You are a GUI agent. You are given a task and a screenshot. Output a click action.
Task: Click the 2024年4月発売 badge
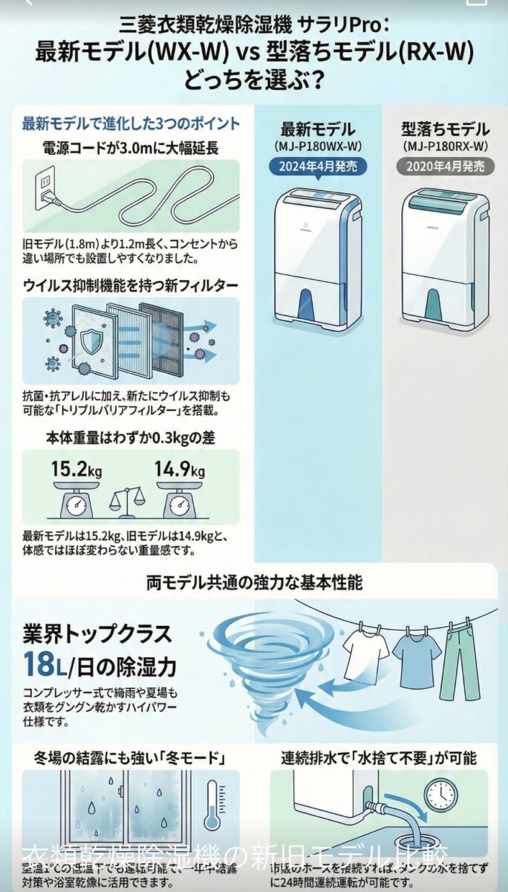[x=319, y=167]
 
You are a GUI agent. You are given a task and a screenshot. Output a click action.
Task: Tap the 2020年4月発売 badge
[x=446, y=167]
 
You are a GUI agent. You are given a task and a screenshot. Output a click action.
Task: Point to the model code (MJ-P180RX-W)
[x=446, y=146]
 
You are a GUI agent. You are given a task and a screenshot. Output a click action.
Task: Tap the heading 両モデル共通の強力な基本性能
[x=254, y=582]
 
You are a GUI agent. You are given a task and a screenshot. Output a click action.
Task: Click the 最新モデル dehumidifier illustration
[x=319, y=256]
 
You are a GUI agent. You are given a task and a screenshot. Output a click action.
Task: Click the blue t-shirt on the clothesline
[x=417, y=657]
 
